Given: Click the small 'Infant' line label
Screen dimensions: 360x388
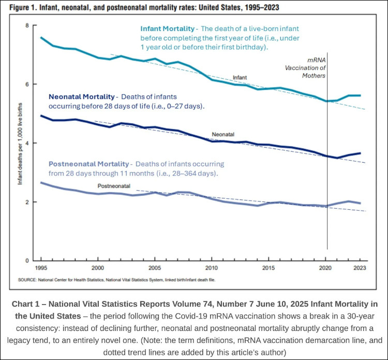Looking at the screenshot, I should point(240,77).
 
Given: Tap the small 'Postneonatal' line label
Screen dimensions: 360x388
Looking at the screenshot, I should point(114,185).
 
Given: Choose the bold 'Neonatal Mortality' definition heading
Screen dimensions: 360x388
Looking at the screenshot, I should point(81,96).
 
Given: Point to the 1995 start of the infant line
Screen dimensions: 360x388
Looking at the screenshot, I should point(41,37).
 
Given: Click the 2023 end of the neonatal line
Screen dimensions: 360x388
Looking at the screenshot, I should point(360,153).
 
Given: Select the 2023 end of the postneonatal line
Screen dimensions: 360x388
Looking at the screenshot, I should point(360,203).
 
